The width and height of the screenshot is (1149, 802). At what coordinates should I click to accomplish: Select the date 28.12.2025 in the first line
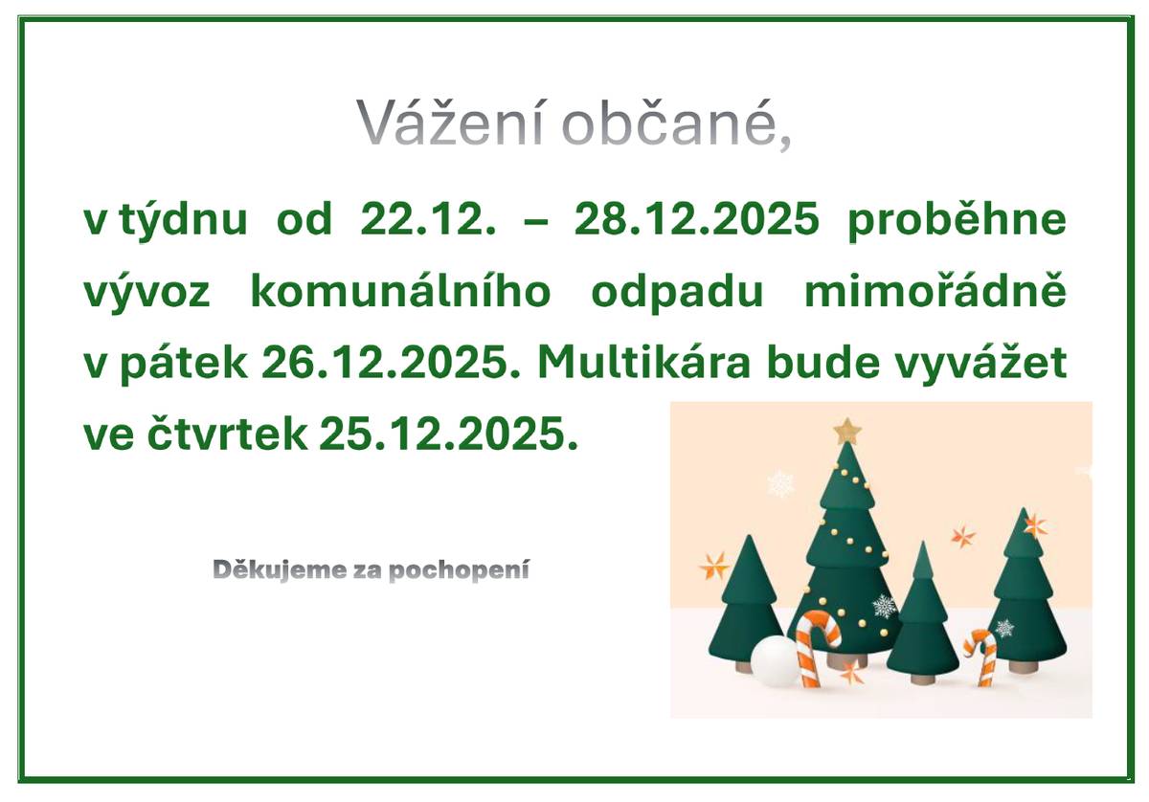tap(697, 221)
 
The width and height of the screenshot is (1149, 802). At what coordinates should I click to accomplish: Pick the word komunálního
tap(401, 293)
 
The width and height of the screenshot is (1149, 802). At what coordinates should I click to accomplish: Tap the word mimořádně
tap(935, 293)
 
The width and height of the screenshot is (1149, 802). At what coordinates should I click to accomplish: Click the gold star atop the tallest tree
tap(847, 431)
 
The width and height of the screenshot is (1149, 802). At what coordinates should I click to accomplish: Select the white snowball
tap(774, 661)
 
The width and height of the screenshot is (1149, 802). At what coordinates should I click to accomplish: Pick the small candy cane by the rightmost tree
tap(982, 656)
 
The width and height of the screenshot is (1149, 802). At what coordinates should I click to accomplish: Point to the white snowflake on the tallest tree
tap(884, 606)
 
